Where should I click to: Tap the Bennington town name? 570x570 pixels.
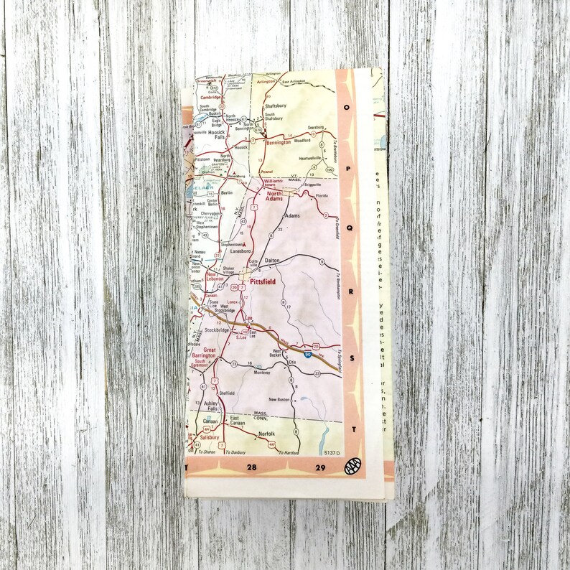278,142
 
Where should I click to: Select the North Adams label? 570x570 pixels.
275,197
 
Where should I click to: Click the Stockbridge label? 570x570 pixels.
217,330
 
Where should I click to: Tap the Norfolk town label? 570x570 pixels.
266,433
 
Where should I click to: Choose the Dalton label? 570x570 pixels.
271,261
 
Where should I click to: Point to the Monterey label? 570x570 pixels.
260,373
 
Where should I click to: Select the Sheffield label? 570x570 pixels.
228,393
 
